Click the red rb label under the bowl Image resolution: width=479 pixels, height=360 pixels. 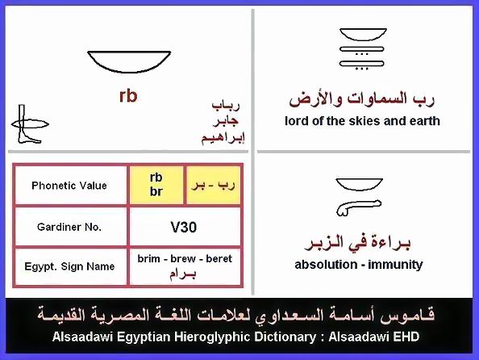tap(128, 96)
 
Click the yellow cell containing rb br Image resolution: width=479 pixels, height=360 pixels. tap(156, 185)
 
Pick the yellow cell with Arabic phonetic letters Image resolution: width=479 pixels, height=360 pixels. tap(213, 185)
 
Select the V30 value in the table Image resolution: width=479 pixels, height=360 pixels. tap(184, 228)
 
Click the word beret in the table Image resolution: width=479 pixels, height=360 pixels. tap(219, 259)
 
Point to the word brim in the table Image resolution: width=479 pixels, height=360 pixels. tap(148, 259)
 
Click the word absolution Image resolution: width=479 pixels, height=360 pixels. tap(326, 265)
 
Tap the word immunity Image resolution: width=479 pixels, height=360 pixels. tap(395, 265)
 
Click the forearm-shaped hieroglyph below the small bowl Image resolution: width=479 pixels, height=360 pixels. tap(359, 208)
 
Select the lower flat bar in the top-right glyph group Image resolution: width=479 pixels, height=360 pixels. tap(362, 64)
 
